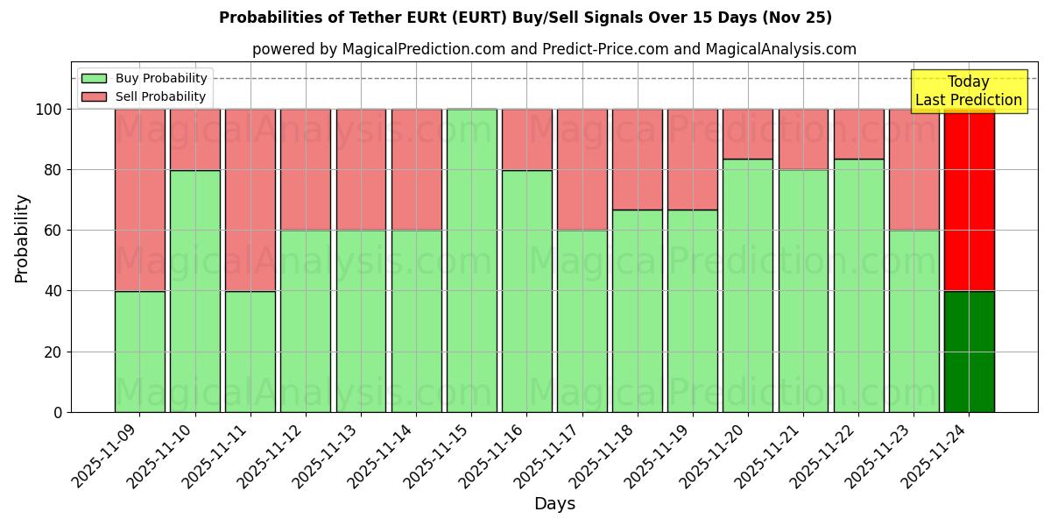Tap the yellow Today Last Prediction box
click(x=968, y=91)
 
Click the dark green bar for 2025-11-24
click(x=969, y=351)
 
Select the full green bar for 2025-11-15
click(x=471, y=260)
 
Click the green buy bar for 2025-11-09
click(x=139, y=351)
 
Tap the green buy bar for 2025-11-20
click(x=748, y=285)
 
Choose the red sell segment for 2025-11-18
click(x=637, y=160)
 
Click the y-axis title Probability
click(x=22, y=238)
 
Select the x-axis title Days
click(x=554, y=504)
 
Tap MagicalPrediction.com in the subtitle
click(x=425, y=49)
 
